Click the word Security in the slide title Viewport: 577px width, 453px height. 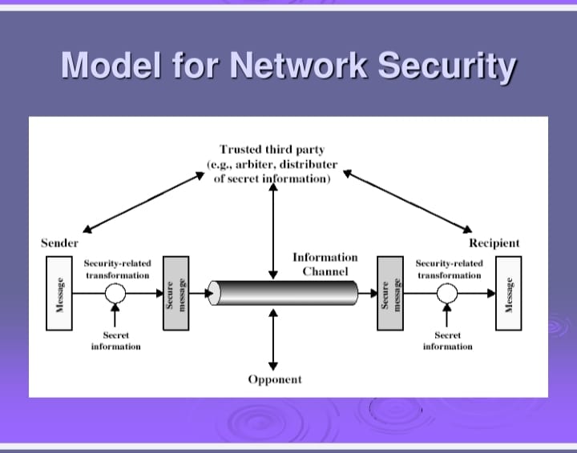click(x=448, y=65)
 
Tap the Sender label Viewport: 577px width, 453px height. click(x=60, y=243)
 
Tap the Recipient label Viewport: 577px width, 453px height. click(x=494, y=243)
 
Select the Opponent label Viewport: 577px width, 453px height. click(x=275, y=379)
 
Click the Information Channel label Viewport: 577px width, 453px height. click(x=325, y=264)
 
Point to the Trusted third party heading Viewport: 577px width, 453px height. click(x=272, y=149)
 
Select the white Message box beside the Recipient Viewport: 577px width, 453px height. click(x=507, y=293)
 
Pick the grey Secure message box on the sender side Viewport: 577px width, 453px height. click(x=175, y=293)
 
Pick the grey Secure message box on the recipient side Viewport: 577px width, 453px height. click(x=389, y=293)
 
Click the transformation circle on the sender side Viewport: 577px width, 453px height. click(x=115, y=293)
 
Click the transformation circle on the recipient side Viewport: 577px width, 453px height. click(x=447, y=293)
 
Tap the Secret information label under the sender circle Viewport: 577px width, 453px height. click(x=116, y=341)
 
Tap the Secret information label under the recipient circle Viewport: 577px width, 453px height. click(x=447, y=341)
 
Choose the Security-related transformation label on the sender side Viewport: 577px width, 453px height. click(x=117, y=269)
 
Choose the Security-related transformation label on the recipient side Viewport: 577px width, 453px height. click(x=449, y=269)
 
